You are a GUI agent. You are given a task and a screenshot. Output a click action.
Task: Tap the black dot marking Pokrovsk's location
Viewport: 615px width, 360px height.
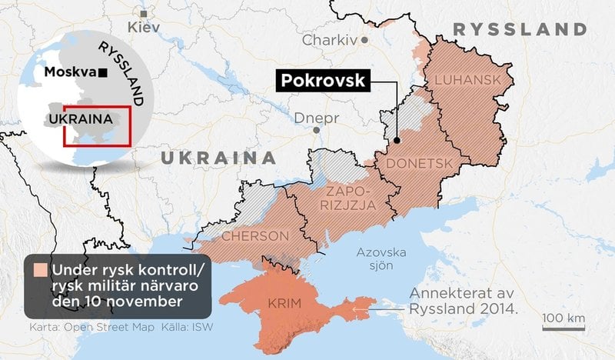click(397, 140)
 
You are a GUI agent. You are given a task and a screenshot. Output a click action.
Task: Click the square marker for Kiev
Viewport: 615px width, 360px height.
click(143, 13)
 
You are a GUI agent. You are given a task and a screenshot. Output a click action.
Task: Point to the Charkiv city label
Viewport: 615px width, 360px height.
click(331, 39)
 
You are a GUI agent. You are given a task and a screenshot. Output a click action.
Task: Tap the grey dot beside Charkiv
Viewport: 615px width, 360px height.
click(366, 38)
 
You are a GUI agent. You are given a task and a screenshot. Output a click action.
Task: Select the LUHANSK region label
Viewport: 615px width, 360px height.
click(462, 79)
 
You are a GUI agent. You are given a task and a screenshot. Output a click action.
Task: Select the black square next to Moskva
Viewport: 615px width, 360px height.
click(102, 73)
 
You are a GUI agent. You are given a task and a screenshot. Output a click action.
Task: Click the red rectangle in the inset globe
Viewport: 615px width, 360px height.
click(97, 125)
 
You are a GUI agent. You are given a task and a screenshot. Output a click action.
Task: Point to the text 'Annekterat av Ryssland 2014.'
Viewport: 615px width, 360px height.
click(463, 300)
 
